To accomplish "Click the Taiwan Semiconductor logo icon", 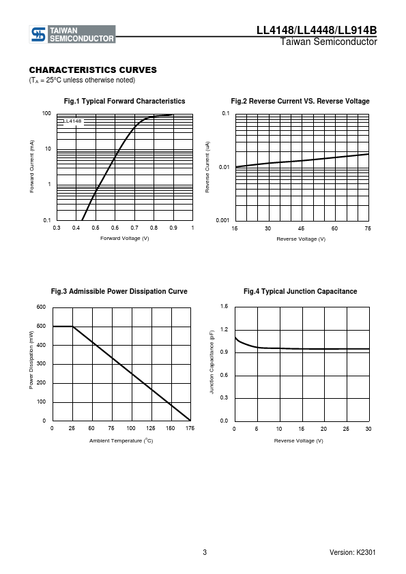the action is (38, 34).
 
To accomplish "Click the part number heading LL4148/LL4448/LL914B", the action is (317, 30).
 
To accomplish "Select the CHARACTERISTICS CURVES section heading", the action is (93, 70).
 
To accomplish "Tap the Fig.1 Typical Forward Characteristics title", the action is (125, 101).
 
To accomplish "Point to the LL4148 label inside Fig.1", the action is (73, 121).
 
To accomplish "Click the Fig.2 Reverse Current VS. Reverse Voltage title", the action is (300, 101).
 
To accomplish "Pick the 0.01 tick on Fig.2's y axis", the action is (224, 167).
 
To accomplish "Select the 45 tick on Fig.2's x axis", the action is (301, 228).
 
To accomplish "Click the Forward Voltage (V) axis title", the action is (125, 239).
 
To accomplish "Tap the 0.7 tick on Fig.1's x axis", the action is (134, 228).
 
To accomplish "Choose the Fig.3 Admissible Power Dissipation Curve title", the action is (119, 291).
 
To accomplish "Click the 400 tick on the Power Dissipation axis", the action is (41, 345).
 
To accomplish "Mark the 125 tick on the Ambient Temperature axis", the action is (151, 428).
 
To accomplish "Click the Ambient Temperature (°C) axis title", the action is (121, 440).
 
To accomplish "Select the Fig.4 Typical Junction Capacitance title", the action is (300, 291).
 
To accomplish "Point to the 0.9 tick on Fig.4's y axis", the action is (224, 352).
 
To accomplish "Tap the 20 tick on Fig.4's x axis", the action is (323, 429).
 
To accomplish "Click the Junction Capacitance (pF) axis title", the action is (212, 362).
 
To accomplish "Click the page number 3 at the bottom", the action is (205, 552).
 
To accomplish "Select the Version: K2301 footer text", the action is (353, 552).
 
